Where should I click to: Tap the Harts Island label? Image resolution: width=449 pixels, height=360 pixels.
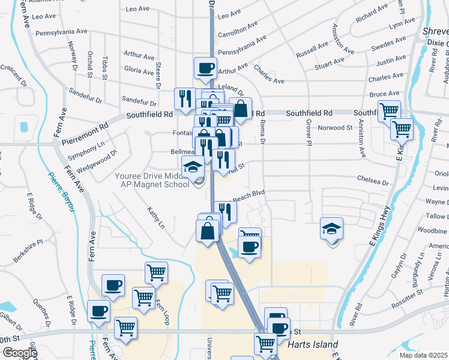[x=313, y=345]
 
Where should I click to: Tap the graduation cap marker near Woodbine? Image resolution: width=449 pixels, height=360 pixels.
[x=331, y=229]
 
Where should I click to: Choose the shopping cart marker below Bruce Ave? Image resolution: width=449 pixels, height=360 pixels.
[x=389, y=110]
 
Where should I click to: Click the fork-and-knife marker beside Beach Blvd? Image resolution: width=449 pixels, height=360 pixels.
[x=225, y=211]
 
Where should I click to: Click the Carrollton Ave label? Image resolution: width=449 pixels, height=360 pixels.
[x=238, y=29]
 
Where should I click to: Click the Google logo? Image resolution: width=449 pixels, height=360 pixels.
[x=20, y=353]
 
